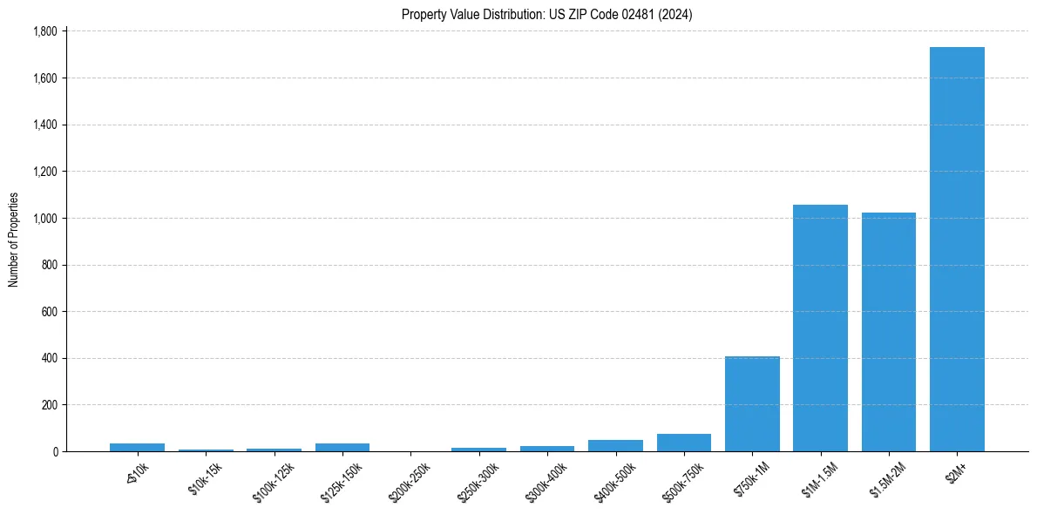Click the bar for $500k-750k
pos(684,443)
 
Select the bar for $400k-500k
pos(615,445)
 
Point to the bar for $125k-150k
pos(342,447)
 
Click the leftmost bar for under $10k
pos(137,447)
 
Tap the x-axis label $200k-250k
pos(411,478)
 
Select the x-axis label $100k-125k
pos(274,478)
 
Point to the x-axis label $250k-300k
pos(479,478)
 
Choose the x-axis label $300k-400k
pos(547,478)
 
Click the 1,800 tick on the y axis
pos(44,31)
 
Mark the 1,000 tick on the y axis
pos(44,218)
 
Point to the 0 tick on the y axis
pos(54,451)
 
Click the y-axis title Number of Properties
pos(14,240)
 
